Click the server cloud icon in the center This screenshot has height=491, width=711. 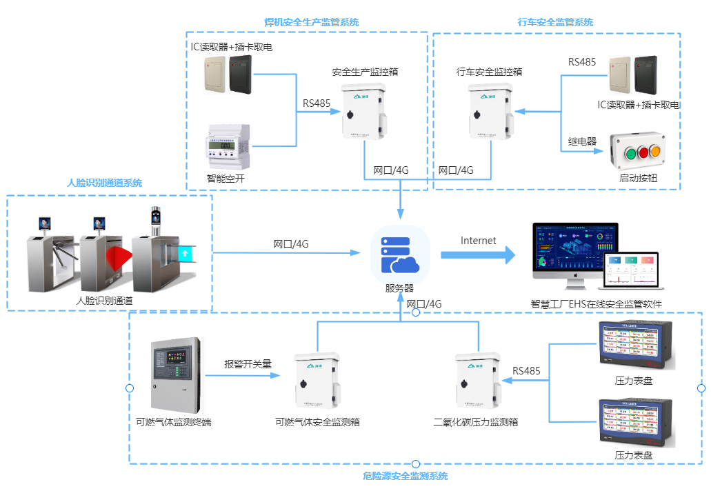click(401, 254)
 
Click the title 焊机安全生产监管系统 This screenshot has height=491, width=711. click(312, 22)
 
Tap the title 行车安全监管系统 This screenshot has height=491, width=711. click(555, 22)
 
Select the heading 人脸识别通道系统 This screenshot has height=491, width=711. click(104, 183)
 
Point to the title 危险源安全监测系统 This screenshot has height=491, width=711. click(405, 476)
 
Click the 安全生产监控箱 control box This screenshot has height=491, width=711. click(364, 112)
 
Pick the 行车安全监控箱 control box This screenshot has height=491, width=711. click(490, 112)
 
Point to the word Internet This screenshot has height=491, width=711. click(478, 241)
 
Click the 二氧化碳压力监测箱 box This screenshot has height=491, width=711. click(477, 381)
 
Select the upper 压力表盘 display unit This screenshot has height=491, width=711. click(634, 345)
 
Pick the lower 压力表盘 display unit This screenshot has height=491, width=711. click(634, 422)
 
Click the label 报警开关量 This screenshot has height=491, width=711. click(248, 364)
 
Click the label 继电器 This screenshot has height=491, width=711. click(582, 141)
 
